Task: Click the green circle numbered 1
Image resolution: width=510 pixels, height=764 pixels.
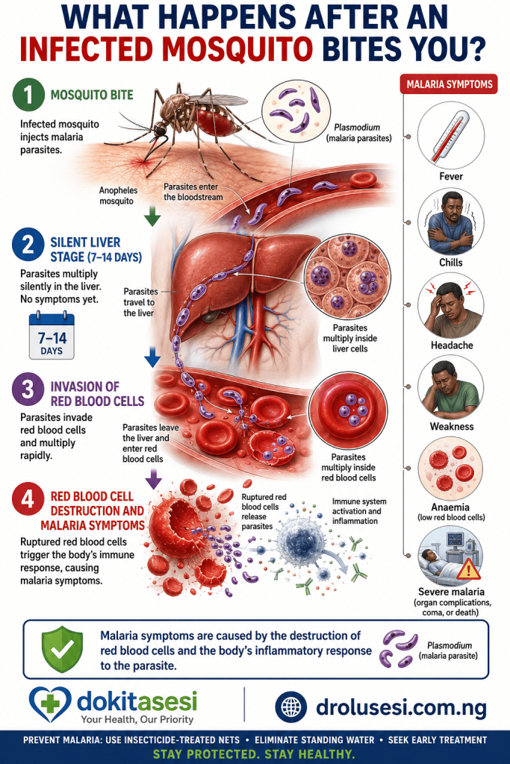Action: [x=28, y=95]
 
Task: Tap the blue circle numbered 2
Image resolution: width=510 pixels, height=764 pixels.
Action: [x=28, y=244]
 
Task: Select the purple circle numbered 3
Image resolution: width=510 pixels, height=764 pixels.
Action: [x=28, y=389]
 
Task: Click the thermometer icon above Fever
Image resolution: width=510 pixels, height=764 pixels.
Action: [x=451, y=136]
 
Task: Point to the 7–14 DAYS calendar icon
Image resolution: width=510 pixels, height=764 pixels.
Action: [x=52, y=336]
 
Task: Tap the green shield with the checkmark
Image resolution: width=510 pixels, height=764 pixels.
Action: [x=62, y=649]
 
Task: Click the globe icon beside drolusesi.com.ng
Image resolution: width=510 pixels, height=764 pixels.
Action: [x=291, y=707]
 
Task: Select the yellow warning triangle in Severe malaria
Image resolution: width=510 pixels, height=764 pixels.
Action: [x=468, y=569]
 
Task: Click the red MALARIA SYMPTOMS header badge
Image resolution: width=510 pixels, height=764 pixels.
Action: [x=449, y=84]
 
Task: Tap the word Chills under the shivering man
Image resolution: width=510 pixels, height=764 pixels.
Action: [x=451, y=262]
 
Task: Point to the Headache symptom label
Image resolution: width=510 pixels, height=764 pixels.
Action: [x=452, y=345]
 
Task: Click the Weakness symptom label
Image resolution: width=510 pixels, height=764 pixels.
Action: [x=452, y=426]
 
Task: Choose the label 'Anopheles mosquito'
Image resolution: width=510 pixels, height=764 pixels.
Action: [x=118, y=195]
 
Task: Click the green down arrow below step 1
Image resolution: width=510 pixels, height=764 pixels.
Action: [x=152, y=216]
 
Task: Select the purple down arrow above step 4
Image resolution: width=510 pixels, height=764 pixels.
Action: [x=154, y=479]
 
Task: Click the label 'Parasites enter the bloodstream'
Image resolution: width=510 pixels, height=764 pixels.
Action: [x=193, y=192]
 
